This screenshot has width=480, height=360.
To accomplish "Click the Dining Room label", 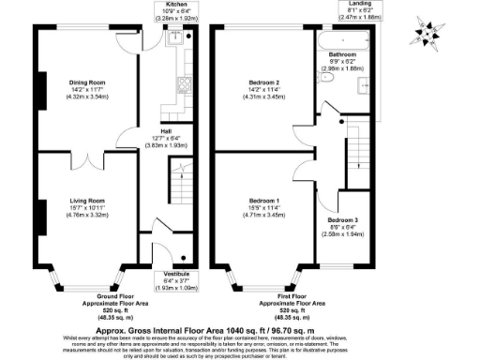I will (x=84, y=82).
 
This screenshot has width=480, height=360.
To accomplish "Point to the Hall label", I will (x=165, y=131).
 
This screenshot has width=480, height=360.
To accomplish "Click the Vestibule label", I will (x=163, y=274).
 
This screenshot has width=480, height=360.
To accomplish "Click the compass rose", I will (x=427, y=34).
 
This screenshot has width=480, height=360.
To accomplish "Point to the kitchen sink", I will (x=175, y=38).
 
